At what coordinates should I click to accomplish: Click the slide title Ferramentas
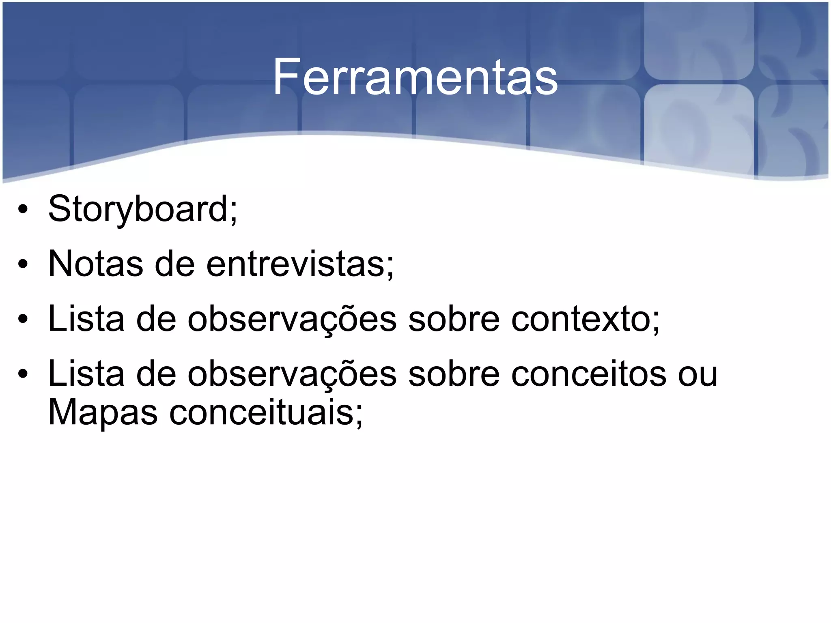pyautogui.click(x=415, y=77)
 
